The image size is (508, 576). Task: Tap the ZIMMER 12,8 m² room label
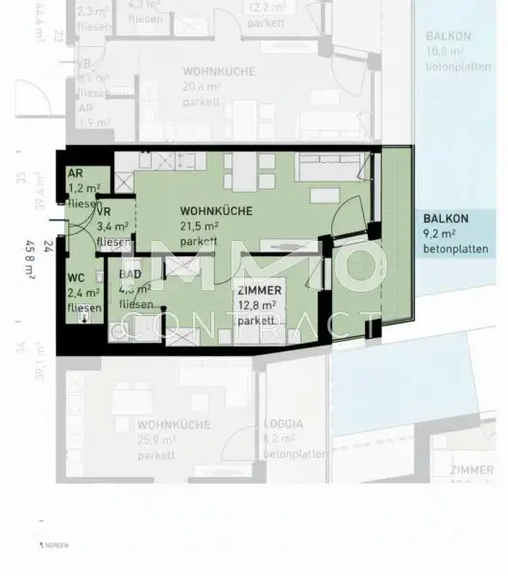click(x=258, y=291)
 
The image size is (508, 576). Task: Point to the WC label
click(x=77, y=279)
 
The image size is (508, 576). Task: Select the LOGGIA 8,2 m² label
click(x=284, y=423)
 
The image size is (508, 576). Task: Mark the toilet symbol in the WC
click(x=87, y=320)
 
